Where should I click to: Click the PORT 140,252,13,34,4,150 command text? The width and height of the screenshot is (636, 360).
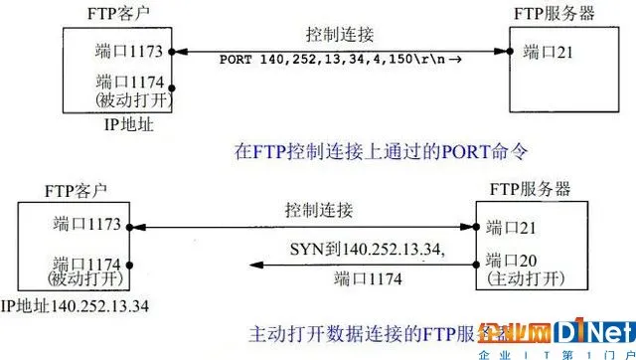click(327, 59)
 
